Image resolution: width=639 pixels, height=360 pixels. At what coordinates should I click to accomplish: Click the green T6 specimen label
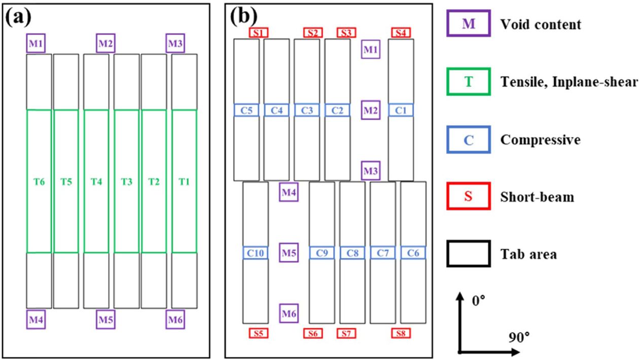pyautogui.click(x=39, y=181)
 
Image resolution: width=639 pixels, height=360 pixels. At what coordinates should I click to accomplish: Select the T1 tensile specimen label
pyautogui.click(x=184, y=181)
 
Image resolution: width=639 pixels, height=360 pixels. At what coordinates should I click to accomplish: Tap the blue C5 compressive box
pyautogui.click(x=246, y=110)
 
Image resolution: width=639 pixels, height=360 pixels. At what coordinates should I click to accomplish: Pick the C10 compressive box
pyautogui.click(x=255, y=252)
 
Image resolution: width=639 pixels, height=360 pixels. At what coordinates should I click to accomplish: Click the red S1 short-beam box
pyautogui.click(x=259, y=33)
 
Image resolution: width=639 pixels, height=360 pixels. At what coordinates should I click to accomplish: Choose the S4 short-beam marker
pyautogui.click(x=401, y=33)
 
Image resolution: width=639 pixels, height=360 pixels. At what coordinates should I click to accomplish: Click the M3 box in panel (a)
pyautogui.click(x=175, y=44)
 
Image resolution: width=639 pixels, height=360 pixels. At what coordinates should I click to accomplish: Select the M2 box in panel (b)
pyautogui.click(x=371, y=110)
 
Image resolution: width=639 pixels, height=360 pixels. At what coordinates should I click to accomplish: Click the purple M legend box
pyautogui.click(x=468, y=24)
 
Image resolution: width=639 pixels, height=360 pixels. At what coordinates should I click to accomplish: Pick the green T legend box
pyautogui.click(x=468, y=81)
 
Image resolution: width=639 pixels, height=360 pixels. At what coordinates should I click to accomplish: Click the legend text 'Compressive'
pyautogui.click(x=541, y=140)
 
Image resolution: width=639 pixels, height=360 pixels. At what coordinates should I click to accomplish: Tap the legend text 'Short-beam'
pyautogui.click(x=537, y=197)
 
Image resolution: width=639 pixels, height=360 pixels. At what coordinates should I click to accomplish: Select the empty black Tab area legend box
pyautogui.click(x=468, y=253)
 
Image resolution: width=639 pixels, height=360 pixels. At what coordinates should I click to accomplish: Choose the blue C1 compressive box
pyautogui.click(x=401, y=110)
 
